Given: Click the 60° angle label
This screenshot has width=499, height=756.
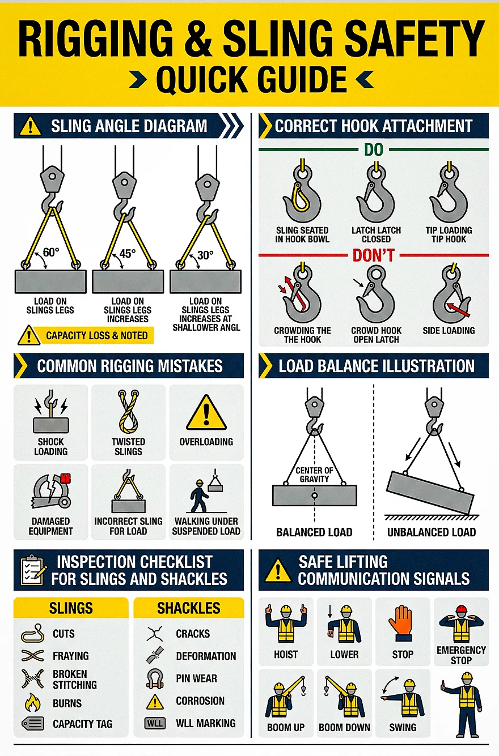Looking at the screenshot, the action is point(51,252).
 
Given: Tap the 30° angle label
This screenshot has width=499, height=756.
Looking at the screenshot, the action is point(205,255).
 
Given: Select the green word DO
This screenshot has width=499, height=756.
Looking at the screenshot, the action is point(374,150).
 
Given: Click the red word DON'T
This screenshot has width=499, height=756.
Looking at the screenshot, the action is point(374,255).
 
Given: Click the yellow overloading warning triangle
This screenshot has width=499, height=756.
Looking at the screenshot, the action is point(206,412).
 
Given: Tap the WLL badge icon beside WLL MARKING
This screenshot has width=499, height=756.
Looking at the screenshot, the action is point(155,723).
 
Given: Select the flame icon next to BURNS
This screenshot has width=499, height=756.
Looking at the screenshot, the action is point(33,703).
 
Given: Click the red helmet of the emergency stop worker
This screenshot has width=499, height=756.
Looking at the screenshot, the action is point(461,609).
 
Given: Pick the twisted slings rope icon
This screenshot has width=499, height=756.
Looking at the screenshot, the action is point(128,412).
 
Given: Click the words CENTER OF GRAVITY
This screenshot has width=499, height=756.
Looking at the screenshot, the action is point(314,475).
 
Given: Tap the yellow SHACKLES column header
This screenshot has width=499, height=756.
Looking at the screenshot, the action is point(188,608).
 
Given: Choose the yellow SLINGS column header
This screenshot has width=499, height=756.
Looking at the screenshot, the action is point(71,608).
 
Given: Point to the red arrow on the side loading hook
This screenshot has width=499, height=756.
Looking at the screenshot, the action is point(458,310).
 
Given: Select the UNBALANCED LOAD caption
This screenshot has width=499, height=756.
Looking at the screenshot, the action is point(432,532).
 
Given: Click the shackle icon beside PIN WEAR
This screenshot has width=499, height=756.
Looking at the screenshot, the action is point(155,679).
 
